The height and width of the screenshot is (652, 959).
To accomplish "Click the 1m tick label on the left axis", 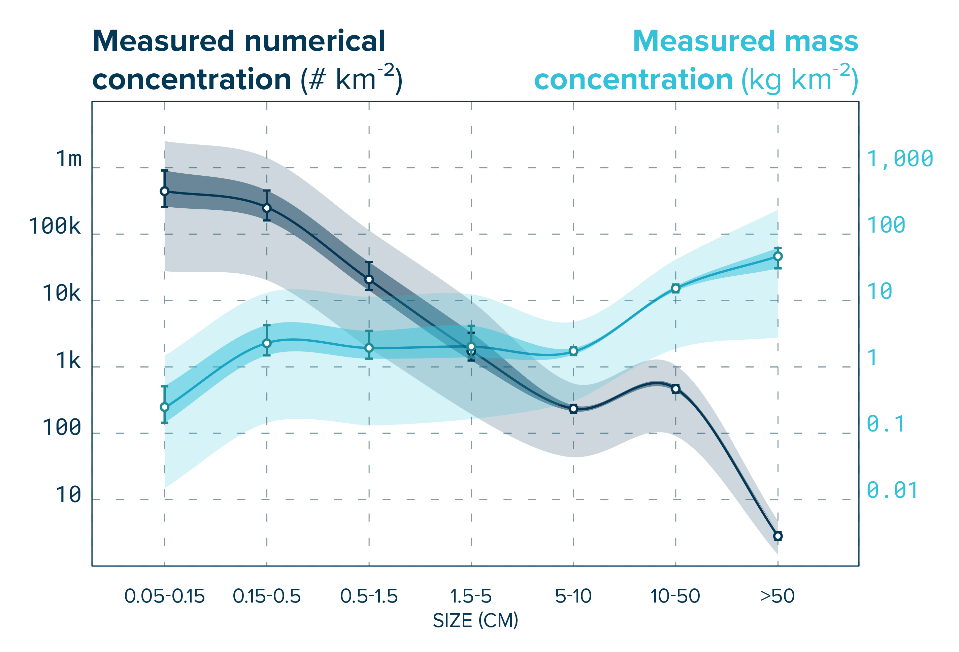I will [69, 159].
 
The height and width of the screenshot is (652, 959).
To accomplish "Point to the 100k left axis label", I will [55, 226].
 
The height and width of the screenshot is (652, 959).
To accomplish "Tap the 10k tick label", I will [62, 293].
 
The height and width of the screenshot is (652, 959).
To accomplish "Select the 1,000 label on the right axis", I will [900, 159].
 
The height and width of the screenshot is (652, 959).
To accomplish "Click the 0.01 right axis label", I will [892, 490].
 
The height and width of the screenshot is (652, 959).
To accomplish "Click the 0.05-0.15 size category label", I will [164, 596].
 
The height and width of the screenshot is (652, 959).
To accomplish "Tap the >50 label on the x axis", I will [778, 596].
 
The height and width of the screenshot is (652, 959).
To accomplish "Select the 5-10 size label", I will [573, 596].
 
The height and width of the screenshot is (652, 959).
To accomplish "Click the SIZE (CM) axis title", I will [475, 621].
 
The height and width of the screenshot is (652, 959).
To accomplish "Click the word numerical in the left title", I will [315, 41].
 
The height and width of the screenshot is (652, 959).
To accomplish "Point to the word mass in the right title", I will [821, 41].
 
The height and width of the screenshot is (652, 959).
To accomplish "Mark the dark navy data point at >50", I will [778, 536].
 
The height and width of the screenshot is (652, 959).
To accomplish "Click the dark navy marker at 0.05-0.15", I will [164, 191].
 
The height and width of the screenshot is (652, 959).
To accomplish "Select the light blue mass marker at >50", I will [778, 256].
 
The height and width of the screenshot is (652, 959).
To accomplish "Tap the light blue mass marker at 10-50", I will [675, 288].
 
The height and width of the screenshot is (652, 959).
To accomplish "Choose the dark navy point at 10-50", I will [675, 388].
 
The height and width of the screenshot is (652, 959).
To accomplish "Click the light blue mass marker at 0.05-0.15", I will [164, 407].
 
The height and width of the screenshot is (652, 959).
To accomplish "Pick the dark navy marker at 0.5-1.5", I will [369, 280].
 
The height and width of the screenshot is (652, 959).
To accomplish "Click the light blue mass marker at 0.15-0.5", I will [267, 343].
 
